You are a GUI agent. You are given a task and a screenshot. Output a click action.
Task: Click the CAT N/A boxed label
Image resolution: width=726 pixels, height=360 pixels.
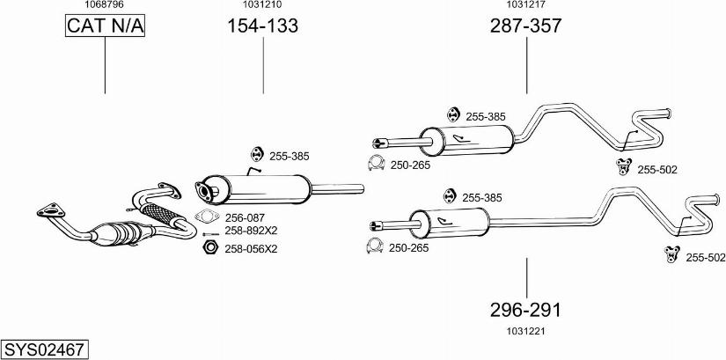pos(105,27)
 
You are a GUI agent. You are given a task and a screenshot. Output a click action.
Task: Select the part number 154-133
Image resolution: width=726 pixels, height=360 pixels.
pos(263,27)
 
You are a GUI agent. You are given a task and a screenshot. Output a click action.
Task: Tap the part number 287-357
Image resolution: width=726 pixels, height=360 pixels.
pos(526,27)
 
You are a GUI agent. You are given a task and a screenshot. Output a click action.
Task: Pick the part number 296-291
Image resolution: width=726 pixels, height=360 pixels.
pos(526,310)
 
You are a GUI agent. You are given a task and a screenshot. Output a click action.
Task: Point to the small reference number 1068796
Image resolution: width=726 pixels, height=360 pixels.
pos(104,5)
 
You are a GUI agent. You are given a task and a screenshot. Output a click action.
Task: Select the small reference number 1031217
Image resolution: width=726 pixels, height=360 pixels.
pos(526,5)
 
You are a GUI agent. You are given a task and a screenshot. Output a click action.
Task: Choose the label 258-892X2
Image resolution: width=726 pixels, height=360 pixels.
pos(251,231)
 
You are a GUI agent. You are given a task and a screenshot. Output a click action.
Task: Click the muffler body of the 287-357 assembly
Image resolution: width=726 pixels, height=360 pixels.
pos(466,139)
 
